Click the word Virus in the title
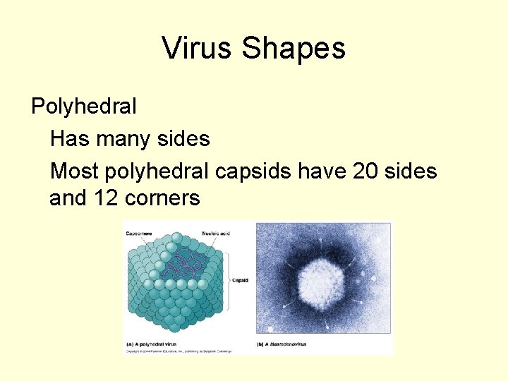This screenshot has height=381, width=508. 197,48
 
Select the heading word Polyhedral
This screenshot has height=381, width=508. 84,107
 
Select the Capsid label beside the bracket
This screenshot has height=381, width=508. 240,280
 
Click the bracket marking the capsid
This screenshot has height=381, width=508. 228,280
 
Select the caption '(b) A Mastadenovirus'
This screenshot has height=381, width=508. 282,344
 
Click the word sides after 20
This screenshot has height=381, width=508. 412,171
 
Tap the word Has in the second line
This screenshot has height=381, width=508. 69,139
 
